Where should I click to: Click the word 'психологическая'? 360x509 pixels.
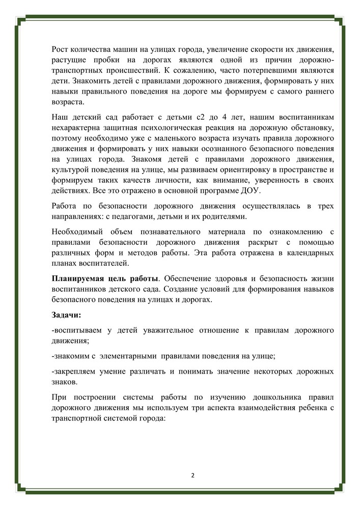tap(201, 127)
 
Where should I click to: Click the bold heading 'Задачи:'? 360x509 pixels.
tap(66, 315)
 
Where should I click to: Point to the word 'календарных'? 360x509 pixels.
tap(310, 252)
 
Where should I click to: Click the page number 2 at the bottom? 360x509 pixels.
tap(192, 476)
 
